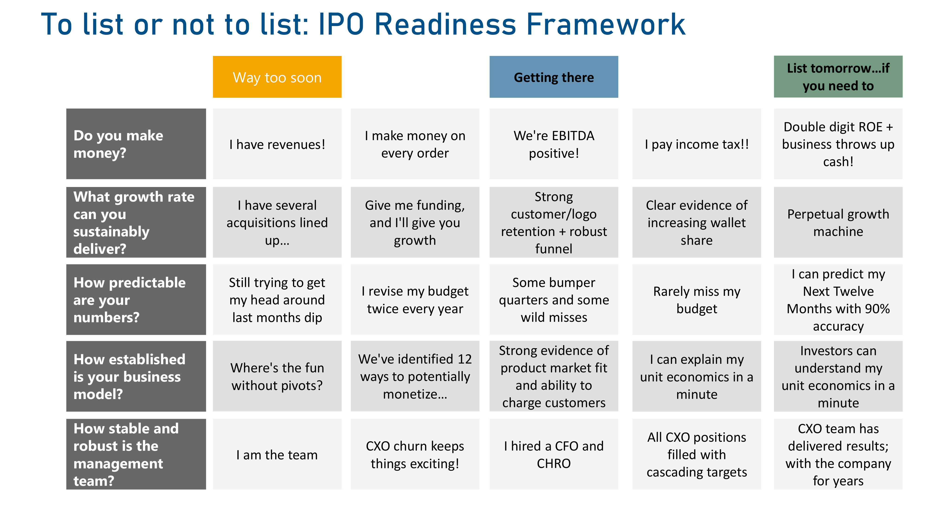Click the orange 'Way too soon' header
(277, 77)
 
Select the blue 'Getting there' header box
(554, 77)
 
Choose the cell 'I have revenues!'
(277, 144)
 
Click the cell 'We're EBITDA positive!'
(554, 144)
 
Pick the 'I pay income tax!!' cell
(697, 144)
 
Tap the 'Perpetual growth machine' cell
(838, 222)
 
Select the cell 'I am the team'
(277, 454)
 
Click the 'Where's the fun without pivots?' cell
(277, 376)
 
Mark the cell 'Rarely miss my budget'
(697, 299)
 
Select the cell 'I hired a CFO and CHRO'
(554, 454)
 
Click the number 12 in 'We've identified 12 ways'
(464, 359)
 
